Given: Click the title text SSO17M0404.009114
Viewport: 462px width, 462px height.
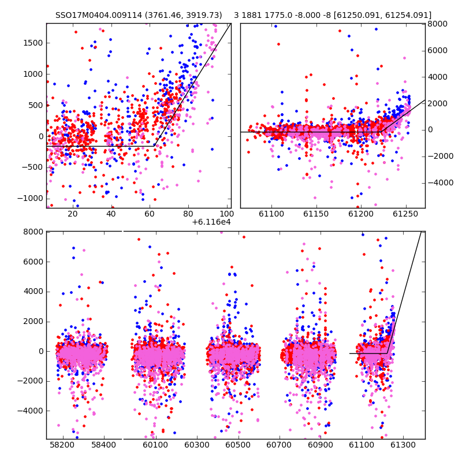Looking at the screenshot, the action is (x=99, y=15).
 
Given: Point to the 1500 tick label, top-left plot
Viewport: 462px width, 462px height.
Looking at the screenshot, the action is (x=33, y=43).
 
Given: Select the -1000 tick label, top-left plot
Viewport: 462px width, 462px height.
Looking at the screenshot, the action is (x=31, y=198).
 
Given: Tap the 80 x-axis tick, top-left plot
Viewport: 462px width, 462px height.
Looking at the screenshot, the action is (x=188, y=214).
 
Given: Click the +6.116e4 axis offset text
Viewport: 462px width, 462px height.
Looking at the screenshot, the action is (x=211, y=222).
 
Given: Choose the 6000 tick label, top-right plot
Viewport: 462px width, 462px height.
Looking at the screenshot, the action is (x=438, y=50).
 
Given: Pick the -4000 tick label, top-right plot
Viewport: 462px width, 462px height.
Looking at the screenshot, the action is (x=441, y=182).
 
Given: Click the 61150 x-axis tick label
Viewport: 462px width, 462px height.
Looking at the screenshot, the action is (x=316, y=214).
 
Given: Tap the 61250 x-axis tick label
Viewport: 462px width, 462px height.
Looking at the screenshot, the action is (x=405, y=214).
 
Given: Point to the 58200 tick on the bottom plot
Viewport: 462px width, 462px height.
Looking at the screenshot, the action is (x=62, y=445).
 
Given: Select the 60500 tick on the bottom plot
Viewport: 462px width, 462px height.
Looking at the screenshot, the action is (x=238, y=445).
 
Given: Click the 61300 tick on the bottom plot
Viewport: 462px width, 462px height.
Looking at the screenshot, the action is (x=403, y=445).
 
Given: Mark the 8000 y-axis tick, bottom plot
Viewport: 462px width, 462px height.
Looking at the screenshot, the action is (x=33, y=232).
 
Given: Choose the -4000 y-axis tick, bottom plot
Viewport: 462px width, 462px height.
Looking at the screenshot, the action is (x=31, y=411).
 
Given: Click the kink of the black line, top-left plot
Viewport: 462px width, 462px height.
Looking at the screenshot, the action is (x=154, y=146).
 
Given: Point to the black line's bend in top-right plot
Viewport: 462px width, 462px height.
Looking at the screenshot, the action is (x=381, y=132).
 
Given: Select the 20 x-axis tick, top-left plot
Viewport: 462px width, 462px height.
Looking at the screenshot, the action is (x=73, y=214).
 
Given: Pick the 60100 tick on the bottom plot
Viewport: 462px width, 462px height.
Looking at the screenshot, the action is (x=155, y=445).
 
